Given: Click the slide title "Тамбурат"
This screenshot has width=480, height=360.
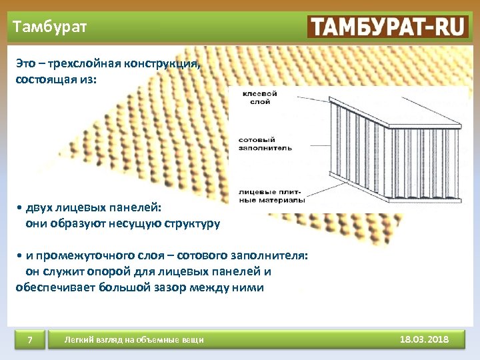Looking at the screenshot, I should tap(49, 28).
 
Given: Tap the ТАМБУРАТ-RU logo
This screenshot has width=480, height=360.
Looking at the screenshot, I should tap(387, 27).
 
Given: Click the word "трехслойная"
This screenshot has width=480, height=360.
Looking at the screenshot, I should tap(78, 65).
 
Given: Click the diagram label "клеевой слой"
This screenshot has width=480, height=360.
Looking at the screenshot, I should tap(259, 98).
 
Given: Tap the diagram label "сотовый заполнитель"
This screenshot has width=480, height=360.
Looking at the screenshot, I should tap(265, 144).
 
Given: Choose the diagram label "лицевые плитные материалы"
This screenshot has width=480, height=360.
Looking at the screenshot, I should tap(271, 195).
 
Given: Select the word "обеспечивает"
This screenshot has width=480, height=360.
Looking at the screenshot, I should tap(48, 287).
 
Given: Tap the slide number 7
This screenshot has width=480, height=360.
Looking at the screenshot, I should tap(30, 341).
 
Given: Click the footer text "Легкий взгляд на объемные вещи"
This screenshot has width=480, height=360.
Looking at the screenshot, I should tap(133, 341).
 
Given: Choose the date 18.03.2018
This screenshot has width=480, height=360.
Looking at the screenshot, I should tap(424, 340).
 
